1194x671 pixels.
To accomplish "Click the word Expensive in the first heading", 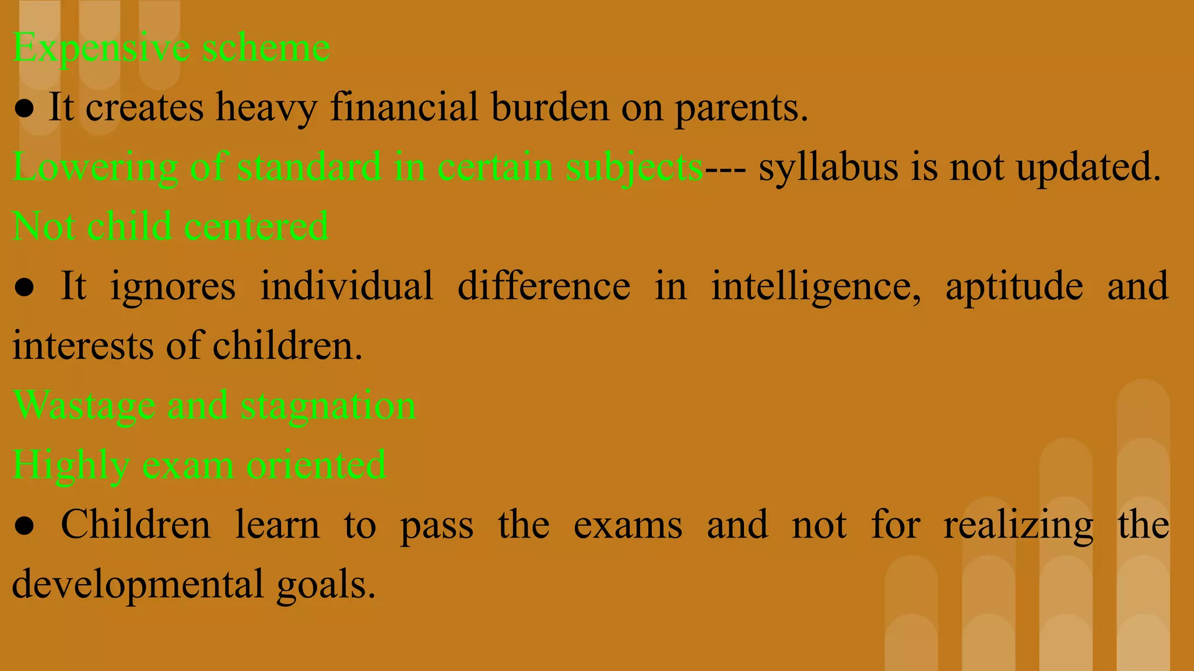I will point(101,48).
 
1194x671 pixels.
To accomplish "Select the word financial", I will point(404,107).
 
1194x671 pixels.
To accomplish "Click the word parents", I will point(741,108).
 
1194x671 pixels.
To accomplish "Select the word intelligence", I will point(816,287).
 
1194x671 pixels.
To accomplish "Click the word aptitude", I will point(1014,287).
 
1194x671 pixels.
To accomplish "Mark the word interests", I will point(82,346).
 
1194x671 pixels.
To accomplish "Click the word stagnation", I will point(328,406).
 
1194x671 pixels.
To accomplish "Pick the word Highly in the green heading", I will point(71,466).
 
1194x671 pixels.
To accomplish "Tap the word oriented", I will point(316,465).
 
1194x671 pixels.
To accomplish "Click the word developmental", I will point(138,585).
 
